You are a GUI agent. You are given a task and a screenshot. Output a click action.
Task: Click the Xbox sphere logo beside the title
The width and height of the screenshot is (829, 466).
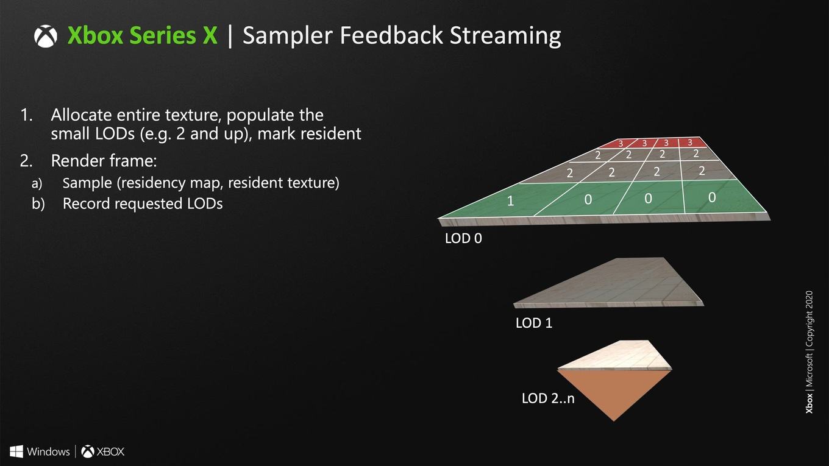(x=46, y=37)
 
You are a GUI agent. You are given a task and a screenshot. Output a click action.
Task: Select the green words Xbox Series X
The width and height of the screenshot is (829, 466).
(x=142, y=35)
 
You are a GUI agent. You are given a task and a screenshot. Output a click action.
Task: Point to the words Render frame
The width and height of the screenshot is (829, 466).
(x=104, y=161)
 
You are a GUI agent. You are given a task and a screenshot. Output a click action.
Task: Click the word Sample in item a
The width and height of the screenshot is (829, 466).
(x=87, y=183)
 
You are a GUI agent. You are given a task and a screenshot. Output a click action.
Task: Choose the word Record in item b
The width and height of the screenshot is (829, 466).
(x=86, y=204)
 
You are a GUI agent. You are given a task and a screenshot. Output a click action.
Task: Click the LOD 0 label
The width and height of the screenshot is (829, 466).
(x=463, y=239)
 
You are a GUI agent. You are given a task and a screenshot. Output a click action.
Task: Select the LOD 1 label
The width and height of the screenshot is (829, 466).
(x=534, y=323)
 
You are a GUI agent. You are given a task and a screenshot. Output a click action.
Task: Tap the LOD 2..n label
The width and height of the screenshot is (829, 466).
(x=548, y=398)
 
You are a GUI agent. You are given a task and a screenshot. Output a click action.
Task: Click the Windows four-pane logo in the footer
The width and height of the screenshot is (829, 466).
(x=16, y=451)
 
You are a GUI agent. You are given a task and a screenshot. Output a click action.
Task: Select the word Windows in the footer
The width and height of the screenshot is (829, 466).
(x=48, y=451)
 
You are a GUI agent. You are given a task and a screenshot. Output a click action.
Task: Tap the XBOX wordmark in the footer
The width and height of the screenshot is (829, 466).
(x=110, y=451)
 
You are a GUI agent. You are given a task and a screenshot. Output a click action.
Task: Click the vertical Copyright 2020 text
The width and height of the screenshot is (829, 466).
(x=809, y=319)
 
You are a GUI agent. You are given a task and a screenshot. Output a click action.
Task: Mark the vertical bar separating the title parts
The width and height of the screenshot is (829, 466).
(x=230, y=36)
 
